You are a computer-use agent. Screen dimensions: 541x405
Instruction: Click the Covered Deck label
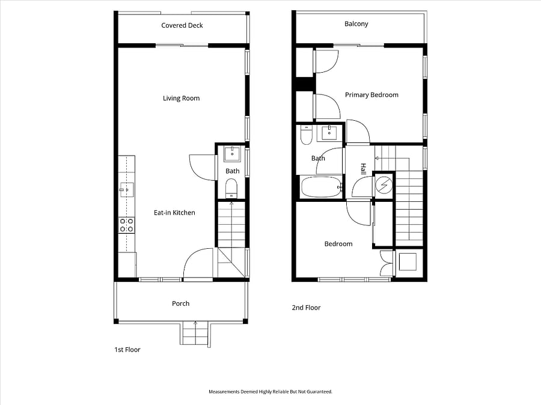[182, 25]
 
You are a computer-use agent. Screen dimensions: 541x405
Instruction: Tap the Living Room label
[181, 99]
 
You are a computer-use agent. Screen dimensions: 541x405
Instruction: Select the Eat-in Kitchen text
[174, 213]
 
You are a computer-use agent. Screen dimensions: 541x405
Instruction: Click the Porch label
[180, 303]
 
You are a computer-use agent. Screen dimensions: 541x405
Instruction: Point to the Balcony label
[356, 24]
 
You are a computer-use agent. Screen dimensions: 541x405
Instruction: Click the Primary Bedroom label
[371, 95]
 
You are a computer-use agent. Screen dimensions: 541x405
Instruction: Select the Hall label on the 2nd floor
[363, 169]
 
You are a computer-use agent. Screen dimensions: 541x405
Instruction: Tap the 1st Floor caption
[127, 350]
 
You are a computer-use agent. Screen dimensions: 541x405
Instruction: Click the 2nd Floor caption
[306, 308]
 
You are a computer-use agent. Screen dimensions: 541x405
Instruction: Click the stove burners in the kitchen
[126, 225]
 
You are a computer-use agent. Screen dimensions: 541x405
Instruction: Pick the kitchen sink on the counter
[127, 190]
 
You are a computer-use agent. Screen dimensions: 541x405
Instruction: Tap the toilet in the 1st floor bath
[231, 188]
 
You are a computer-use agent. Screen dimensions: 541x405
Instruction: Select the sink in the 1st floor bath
[232, 154]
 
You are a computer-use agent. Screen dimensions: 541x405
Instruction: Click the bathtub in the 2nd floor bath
[322, 187]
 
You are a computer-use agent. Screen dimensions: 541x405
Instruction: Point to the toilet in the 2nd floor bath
[306, 135]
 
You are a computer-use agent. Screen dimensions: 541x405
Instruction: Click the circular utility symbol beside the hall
[384, 184]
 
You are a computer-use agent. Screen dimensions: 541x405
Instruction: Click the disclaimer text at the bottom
[270, 392]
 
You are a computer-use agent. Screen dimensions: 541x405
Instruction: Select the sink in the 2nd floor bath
[329, 132]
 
